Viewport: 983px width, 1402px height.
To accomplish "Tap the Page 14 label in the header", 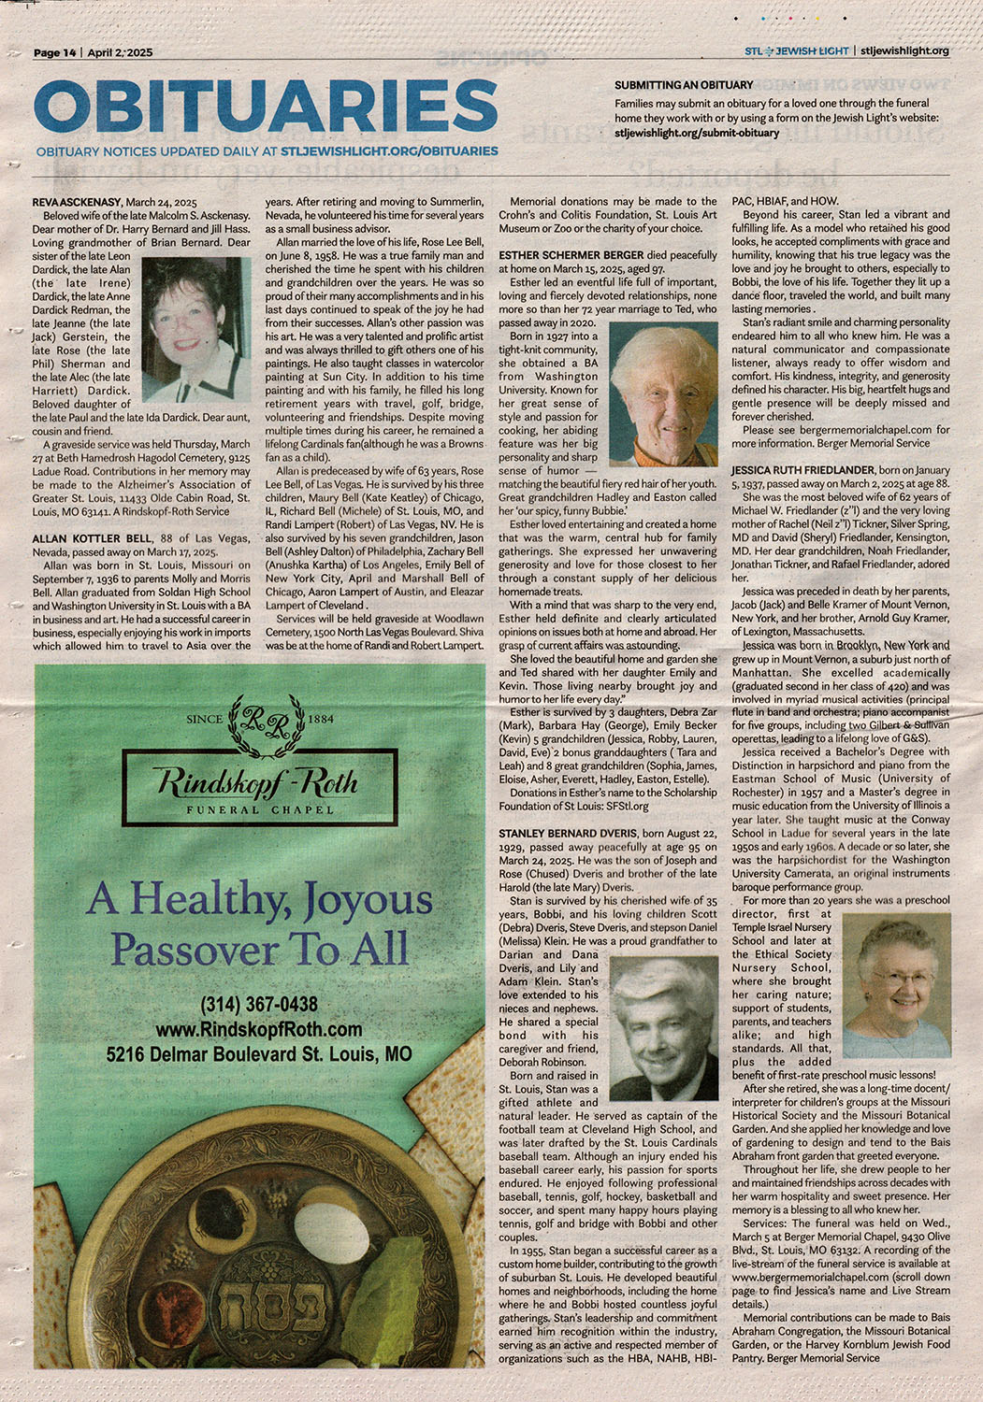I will pyautogui.click(x=55, y=52).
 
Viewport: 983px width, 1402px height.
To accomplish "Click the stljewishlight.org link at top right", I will pyautogui.click(x=904, y=50).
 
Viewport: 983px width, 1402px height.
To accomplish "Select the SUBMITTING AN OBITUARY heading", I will pyautogui.click(x=684, y=85).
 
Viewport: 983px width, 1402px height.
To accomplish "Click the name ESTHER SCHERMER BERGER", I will pyautogui.click(x=571, y=255).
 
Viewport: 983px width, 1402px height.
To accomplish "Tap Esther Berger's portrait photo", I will pyautogui.click(x=663, y=395).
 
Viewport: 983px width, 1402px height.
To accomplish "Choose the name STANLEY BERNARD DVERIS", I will pyautogui.click(x=568, y=833).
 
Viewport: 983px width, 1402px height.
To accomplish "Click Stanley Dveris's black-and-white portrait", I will pyautogui.click(x=663, y=1028).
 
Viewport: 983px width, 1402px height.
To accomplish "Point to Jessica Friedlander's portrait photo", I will pyautogui.click(x=897, y=985).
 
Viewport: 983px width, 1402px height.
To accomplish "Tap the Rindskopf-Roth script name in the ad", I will pyautogui.click(x=255, y=781).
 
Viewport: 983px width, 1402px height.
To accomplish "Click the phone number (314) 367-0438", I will pyautogui.click(x=259, y=1005).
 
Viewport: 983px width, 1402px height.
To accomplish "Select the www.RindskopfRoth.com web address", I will pyautogui.click(x=259, y=1029).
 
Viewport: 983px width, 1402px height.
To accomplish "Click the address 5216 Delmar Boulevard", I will pyautogui.click(x=259, y=1054).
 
